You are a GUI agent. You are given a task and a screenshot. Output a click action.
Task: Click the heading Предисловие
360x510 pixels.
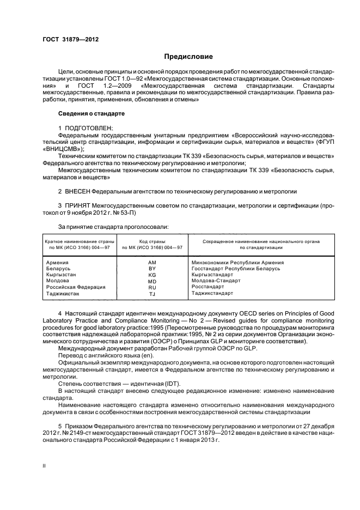pos(188,56)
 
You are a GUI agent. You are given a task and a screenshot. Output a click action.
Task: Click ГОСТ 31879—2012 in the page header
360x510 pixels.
pos(66,39)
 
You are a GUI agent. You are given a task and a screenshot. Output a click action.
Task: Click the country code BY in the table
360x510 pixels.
pos(152,269)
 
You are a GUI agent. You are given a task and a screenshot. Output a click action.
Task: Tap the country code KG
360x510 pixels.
pos(152,275)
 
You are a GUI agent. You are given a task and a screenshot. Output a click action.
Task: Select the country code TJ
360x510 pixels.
pos(152,294)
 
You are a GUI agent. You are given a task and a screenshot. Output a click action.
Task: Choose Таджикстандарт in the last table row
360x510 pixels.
pos(212,293)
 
